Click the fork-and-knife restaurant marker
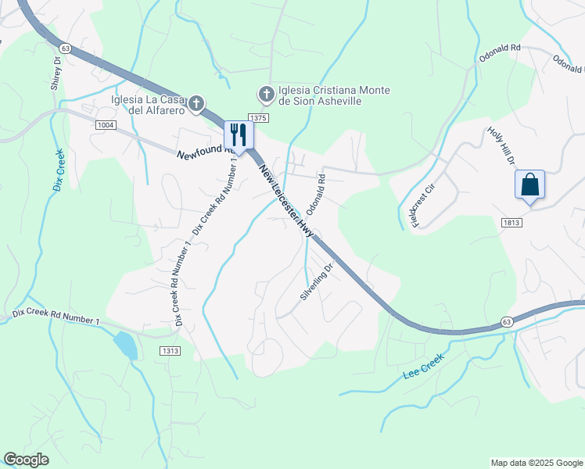[239, 134]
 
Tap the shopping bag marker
[529, 185]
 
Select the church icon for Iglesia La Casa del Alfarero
[196, 102]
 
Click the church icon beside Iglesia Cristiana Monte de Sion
[266, 95]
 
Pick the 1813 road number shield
[511, 223]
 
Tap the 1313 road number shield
[170, 351]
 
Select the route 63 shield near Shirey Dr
[65, 48]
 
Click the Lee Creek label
[423, 367]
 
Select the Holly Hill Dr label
[501, 146]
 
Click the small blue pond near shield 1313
[124, 345]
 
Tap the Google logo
[27, 460]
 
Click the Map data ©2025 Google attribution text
[536, 463]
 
